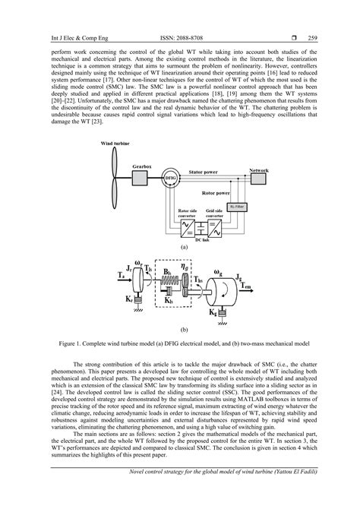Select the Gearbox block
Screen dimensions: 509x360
tap(142, 177)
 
